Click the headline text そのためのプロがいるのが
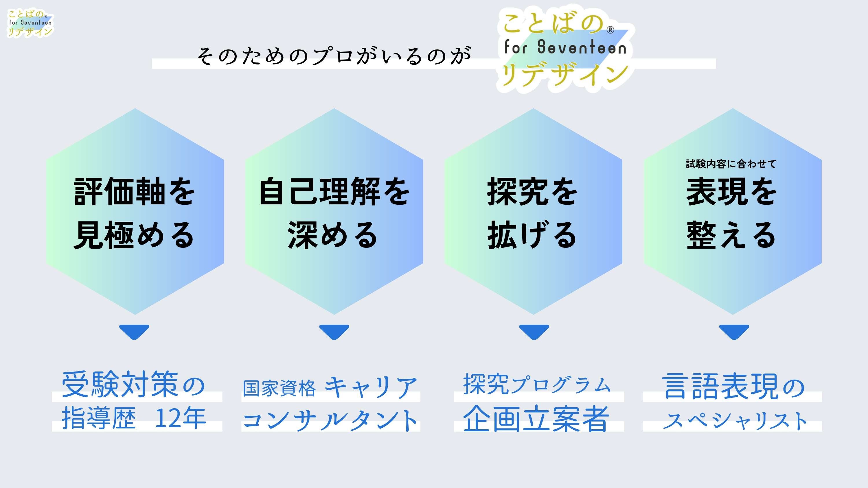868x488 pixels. point(334,56)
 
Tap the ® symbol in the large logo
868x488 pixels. point(610,30)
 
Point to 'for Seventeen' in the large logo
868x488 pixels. point(565,47)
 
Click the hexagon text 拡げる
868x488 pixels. point(532,235)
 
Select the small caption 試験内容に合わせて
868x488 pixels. point(731,164)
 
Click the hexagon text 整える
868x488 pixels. point(731,235)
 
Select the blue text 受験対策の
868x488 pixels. point(133,385)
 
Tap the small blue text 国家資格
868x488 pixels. point(279,388)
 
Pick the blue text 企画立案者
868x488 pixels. point(536,419)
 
